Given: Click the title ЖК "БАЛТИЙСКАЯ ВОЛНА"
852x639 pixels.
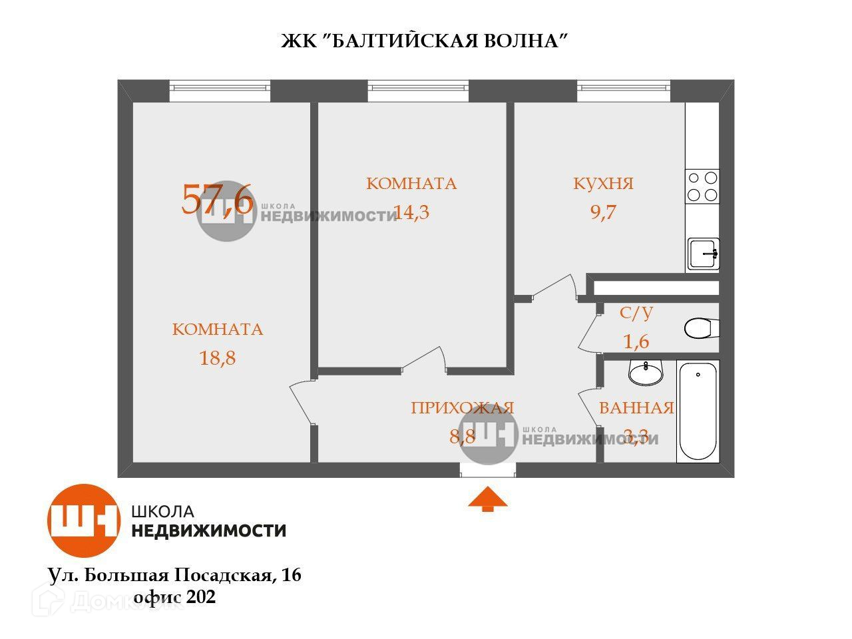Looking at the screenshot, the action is (x=424, y=41).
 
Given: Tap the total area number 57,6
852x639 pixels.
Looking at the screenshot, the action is (x=217, y=199).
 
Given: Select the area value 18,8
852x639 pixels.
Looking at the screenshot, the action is (x=218, y=358).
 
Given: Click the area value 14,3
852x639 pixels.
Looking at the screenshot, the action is (x=411, y=212).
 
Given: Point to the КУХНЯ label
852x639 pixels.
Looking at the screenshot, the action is (x=603, y=184).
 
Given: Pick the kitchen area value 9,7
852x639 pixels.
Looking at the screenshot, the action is (x=603, y=212).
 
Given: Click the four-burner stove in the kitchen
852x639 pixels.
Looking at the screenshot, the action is (x=703, y=186).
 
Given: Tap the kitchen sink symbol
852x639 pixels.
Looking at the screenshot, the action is (x=704, y=254).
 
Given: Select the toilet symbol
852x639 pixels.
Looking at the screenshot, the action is (x=701, y=328).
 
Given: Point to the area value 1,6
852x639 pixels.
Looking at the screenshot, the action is (x=635, y=341).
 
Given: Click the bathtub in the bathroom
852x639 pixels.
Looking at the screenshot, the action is (x=698, y=411).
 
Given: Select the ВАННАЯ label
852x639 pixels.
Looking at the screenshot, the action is (x=636, y=408).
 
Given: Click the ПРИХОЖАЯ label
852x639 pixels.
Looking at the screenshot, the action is (x=463, y=408).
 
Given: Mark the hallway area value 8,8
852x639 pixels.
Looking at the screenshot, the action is (x=462, y=437).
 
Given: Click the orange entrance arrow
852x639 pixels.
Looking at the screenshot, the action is (x=488, y=499).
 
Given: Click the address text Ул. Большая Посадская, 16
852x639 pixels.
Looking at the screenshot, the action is (x=174, y=574).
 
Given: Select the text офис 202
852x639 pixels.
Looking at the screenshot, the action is (x=174, y=597).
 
